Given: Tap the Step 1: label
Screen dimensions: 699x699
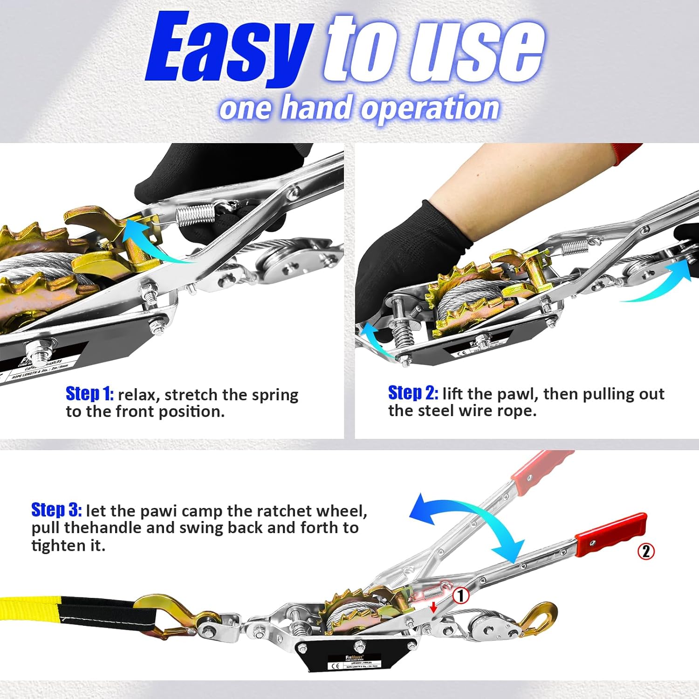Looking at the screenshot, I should [89, 394].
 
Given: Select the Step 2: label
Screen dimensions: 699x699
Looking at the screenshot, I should [413, 393].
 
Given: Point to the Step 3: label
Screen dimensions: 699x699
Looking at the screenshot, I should [56, 510].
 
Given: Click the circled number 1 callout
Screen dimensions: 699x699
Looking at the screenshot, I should [461, 596].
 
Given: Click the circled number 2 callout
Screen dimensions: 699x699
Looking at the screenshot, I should [646, 551].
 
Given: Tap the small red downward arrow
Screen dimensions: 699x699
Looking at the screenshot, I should [433, 607].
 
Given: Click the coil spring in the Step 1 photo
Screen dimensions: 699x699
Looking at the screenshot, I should [196, 215].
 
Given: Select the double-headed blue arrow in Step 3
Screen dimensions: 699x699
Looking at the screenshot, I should [466, 527].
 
